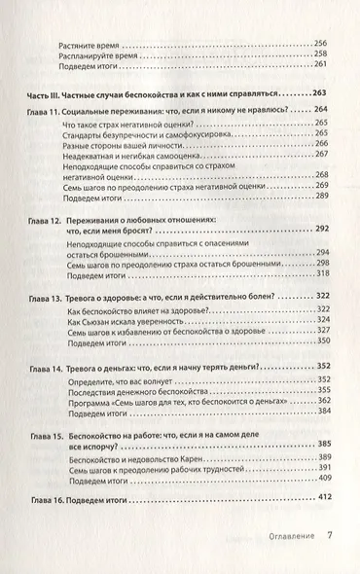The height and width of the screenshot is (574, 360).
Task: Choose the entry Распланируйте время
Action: point(98,55)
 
